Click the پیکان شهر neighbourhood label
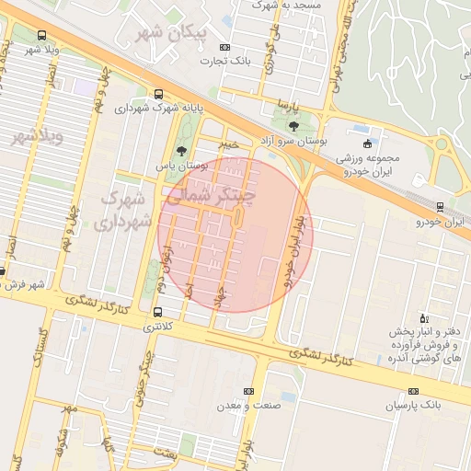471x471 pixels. tap(183, 34)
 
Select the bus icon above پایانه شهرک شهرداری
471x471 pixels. tap(159, 94)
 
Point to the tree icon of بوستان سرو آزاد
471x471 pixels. tap(293, 126)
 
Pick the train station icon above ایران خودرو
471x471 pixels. tap(440, 206)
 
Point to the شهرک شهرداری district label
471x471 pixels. tap(116, 210)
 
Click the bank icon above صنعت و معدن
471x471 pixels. tap(247, 391)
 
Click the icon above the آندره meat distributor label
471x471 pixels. tap(422, 316)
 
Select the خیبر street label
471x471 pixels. tap(226, 144)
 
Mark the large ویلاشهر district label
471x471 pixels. tap(37, 137)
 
